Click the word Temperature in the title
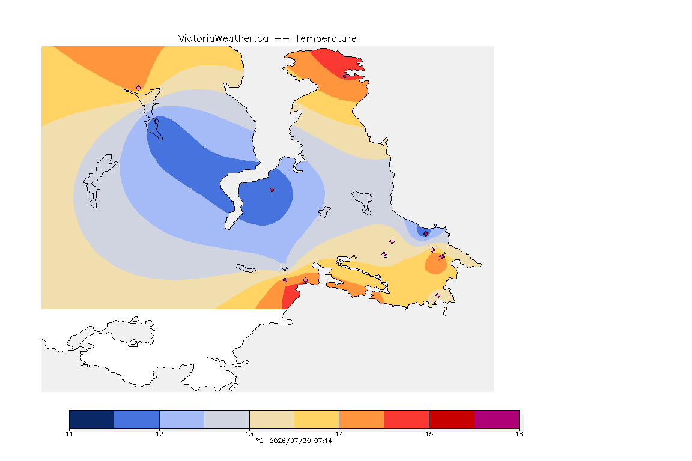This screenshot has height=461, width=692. point(326,39)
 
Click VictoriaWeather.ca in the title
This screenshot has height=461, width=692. point(223,39)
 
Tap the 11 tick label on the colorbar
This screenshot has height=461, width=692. point(69,434)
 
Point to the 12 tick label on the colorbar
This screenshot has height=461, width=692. point(159,434)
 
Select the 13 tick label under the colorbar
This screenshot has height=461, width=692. point(249,434)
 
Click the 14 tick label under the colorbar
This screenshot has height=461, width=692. point(339,434)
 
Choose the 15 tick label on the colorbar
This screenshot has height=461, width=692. point(429,434)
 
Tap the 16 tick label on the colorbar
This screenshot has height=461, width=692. point(519,434)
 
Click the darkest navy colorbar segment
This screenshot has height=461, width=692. point(92,419)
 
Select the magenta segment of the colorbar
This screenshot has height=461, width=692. point(497,419)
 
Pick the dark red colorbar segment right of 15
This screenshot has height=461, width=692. point(452,419)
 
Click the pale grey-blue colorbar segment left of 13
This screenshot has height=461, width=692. point(227,419)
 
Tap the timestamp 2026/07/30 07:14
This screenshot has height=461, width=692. point(300,441)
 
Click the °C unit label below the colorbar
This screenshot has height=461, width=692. point(259,441)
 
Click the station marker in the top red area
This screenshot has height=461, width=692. point(345,76)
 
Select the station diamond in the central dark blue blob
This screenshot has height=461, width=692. point(272,190)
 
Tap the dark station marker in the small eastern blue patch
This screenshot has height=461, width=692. point(425,234)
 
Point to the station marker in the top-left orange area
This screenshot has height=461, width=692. point(139,88)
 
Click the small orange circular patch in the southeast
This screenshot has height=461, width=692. point(436,264)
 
